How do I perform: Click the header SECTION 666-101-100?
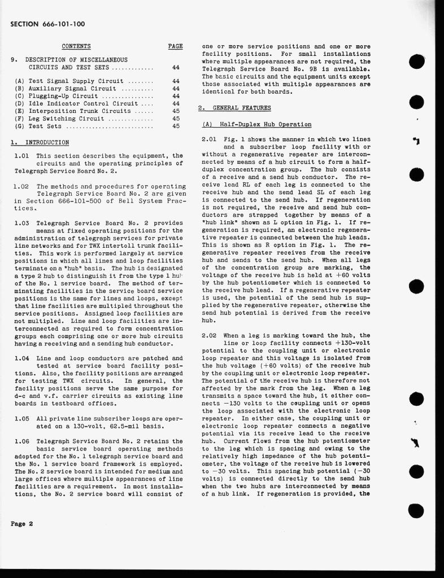pos(47,24)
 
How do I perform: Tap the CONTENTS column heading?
pos(76,46)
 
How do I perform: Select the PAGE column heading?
pos(175,46)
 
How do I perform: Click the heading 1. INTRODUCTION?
pos(40,142)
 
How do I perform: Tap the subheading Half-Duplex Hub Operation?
pos(257,124)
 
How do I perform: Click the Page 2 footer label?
pos(22,524)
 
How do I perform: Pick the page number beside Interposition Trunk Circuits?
pos(176,111)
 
